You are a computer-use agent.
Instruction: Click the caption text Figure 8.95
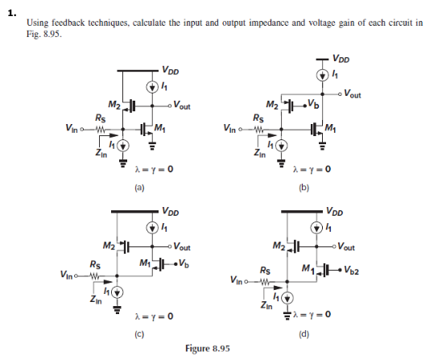point(208,348)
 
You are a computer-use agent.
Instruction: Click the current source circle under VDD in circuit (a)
point(151,86)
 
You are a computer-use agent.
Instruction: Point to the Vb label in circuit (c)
point(183,263)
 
